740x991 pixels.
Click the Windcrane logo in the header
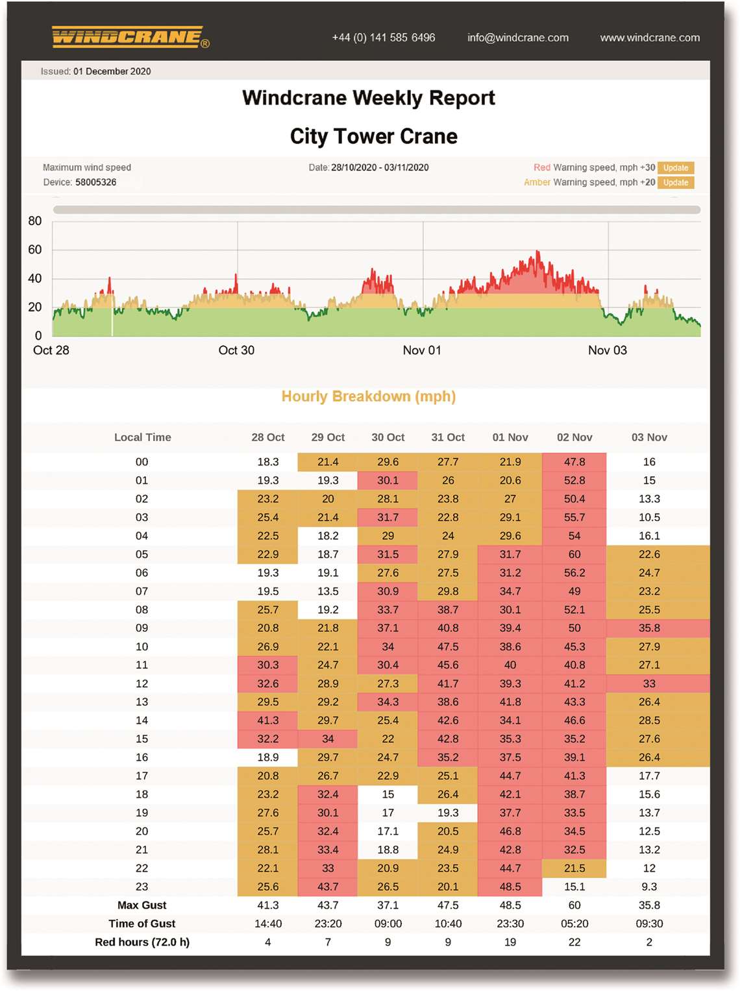tap(130, 37)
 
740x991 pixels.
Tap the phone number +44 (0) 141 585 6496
tap(384, 38)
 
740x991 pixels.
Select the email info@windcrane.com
tap(518, 38)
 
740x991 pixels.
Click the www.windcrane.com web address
tap(650, 38)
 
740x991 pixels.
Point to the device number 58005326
tap(96, 182)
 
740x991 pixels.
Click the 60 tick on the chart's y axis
tap(35, 250)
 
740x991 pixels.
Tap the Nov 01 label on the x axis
tap(422, 350)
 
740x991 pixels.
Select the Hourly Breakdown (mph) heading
tap(369, 396)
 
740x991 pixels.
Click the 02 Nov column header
tap(574, 437)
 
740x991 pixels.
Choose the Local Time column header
tap(142, 437)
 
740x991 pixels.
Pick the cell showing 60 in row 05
tap(574, 555)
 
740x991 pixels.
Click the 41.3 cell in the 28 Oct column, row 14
tap(268, 721)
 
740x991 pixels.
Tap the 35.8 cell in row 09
tap(649, 628)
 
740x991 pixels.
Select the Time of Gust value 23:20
tap(328, 924)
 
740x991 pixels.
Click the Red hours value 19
tap(510, 942)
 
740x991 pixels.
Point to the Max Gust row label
tap(142, 905)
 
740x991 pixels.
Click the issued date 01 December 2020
tap(112, 71)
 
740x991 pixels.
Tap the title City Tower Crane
tap(374, 136)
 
